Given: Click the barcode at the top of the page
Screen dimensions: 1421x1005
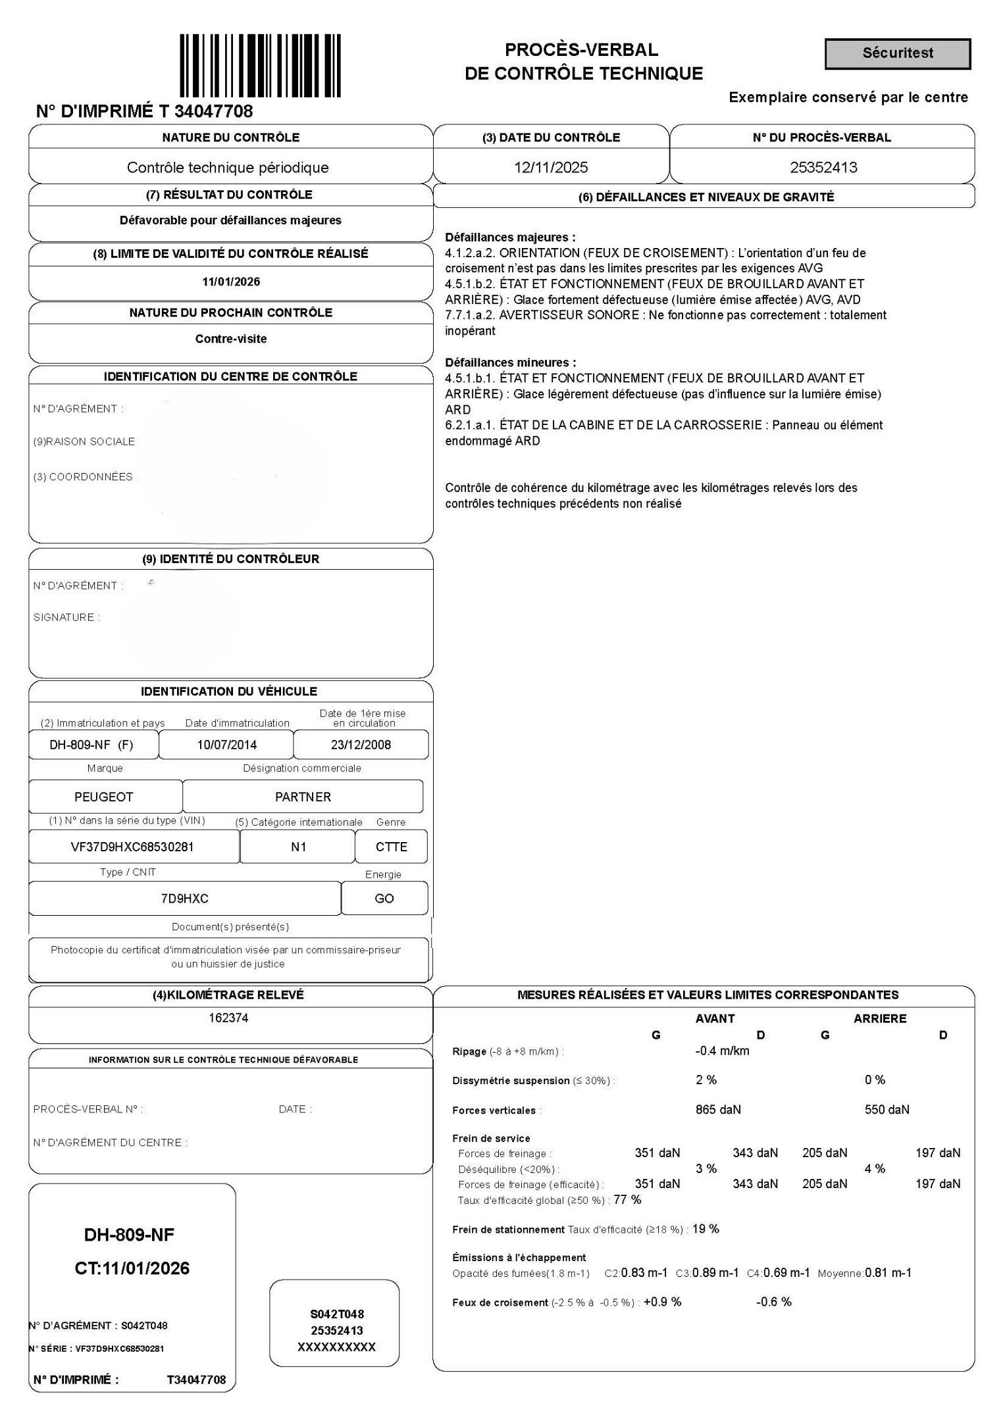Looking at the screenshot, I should (261, 66).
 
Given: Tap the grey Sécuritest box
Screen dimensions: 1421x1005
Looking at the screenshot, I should (897, 53).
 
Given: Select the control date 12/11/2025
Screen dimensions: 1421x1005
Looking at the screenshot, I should (551, 167).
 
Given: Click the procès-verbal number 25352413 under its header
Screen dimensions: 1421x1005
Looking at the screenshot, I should (823, 167).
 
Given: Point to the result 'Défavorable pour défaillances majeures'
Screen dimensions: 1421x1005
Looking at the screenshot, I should (230, 220).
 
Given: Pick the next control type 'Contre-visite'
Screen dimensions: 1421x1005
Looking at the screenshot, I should (230, 339).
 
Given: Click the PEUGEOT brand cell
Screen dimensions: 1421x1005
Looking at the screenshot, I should (104, 797).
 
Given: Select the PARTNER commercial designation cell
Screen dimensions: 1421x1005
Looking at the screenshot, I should (303, 797).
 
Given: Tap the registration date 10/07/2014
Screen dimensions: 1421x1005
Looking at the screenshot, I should (227, 745).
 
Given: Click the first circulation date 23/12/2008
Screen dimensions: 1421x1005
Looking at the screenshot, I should (361, 745).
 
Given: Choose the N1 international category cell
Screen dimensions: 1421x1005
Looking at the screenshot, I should (298, 847).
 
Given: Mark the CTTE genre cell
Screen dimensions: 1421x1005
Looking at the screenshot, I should (392, 847).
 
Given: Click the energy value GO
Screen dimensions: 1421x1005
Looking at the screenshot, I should (384, 899).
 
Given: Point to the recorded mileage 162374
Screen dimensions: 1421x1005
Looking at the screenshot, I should (228, 1018).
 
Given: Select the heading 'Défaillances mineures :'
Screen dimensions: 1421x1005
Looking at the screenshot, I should (510, 362).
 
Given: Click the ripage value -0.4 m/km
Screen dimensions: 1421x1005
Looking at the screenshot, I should (722, 1051).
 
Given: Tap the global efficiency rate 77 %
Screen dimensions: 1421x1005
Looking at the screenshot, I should (627, 1199).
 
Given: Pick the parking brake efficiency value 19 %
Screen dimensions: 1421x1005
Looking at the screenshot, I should (706, 1229).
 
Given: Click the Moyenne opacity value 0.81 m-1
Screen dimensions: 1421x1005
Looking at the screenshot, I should (889, 1272).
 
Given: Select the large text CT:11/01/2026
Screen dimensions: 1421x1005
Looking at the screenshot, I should (132, 1268).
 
